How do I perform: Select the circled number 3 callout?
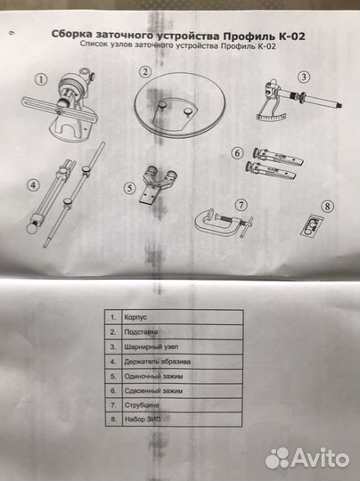tap(304, 77)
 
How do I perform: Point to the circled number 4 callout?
tap(33, 186)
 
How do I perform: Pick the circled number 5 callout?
tap(130, 188)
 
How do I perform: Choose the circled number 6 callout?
tap(238, 153)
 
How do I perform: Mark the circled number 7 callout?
tap(238, 203)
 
